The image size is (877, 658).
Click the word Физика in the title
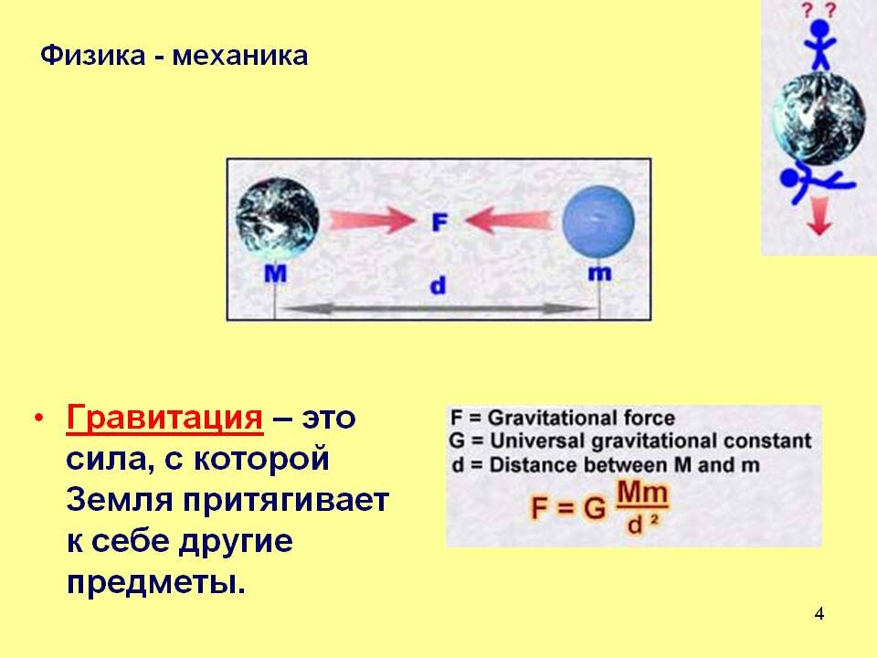[x=93, y=57]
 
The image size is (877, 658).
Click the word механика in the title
[x=240, y=57]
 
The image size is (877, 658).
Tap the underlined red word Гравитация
[x=164, y=417]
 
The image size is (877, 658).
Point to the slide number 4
[x=819, y=614]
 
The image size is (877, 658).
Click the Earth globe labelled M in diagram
[x=278, y=218]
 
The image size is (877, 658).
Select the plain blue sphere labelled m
[x=598, y=222]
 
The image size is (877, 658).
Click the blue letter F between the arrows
[x=439, y=222]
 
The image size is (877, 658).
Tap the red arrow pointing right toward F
[x=372, y=220]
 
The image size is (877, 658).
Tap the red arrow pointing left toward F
[x=509, y=219]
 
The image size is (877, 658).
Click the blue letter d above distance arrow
[x=438, y=285]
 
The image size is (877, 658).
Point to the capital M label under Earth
[x=275, y=273]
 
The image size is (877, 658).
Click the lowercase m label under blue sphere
[x=599, y=273]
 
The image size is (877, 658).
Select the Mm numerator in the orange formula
[x=642, y=493]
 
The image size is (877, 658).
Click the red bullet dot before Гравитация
[x=38, y=418]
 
